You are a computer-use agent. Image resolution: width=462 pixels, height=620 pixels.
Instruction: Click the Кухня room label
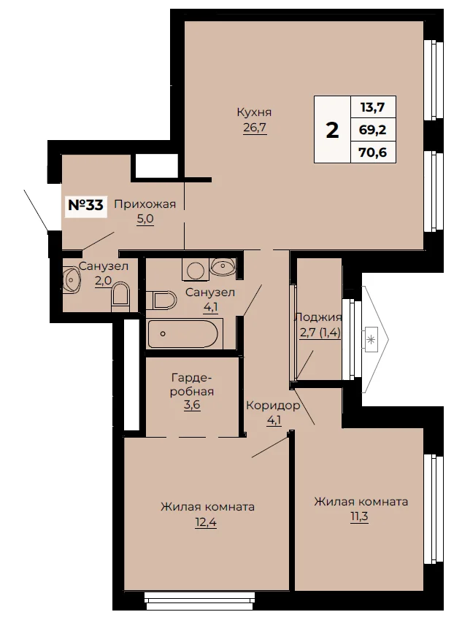(x=254, y=112)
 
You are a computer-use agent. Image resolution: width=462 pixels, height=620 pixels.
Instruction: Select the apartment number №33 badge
(x=86, y=205)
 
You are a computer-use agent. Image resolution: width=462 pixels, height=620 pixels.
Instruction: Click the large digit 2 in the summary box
(x=332, y=130)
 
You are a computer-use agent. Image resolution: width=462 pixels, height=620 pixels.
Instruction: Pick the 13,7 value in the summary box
(x=373, y=106)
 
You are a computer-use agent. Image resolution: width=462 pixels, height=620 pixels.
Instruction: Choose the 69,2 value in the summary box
(x=373, y=129)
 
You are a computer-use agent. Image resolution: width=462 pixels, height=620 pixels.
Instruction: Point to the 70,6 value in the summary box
(x=373, y=152)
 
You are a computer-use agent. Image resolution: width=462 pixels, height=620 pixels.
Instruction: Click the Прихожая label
(x=145, y=204)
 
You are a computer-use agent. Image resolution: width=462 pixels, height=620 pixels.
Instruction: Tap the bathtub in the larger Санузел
(x=183, y=334)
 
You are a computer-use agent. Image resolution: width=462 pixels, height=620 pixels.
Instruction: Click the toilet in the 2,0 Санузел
(x=120, y=296)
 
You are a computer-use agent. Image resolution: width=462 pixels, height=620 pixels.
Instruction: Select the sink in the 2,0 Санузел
(x=72, y=279)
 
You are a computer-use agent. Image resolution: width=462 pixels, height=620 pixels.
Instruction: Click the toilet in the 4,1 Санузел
(x=161, y=301)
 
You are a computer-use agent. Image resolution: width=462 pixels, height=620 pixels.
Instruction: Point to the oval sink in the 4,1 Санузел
(x=223, y=266)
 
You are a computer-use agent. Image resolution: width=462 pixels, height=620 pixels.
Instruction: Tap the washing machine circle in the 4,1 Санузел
(x=196, y=271)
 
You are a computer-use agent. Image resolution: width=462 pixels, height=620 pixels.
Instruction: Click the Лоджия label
(x=318, y=317)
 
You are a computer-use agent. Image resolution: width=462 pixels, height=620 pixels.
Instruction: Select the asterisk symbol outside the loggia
(x=371, y=339)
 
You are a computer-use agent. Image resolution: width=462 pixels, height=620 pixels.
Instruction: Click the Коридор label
(x=273, y=406)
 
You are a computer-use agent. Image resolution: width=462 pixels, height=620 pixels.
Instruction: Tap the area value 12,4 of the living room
(x=206, y=522)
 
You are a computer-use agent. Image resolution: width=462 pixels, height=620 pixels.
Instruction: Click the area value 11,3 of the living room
(x=359, y=517)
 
